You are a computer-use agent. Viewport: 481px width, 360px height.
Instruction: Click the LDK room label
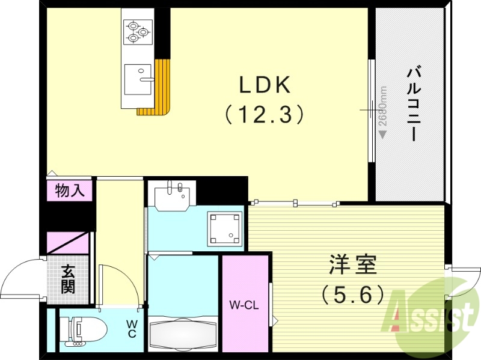(x=265, y=85)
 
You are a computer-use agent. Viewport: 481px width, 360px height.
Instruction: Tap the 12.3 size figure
(x=265, y=114)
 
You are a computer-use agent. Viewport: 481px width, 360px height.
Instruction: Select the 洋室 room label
(x=352, y=264)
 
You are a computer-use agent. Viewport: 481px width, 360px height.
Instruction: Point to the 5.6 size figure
(x=352, y=294)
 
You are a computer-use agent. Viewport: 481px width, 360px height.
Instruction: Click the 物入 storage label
(x=70, y=191)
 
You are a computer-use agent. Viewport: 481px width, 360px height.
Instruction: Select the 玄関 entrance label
(x=68, y=280)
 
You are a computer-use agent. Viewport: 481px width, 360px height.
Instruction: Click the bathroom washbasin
(x=171, y=195)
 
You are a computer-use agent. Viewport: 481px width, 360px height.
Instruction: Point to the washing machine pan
(x=223, y=229)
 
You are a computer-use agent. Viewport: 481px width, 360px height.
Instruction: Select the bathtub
(x=182, y=333)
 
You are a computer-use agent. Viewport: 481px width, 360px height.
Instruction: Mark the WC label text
(x=132, y=328)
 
